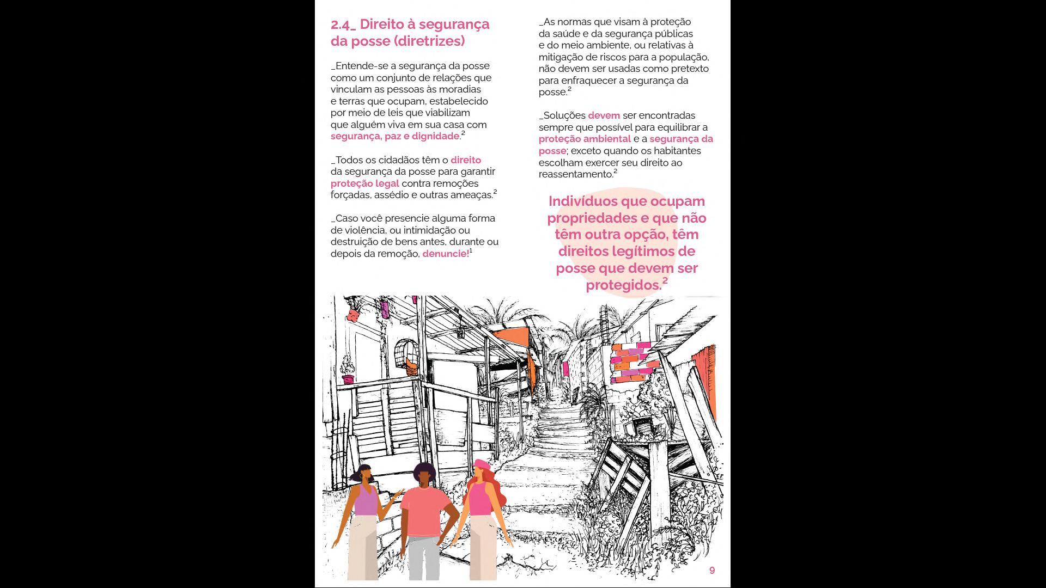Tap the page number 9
pyautogui.click(x=711, y=570)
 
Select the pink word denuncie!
pyautogui.click(x=445, y=254)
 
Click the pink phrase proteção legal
pyautogui.click(x=364, y=183)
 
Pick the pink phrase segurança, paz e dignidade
pyautogui.click(x=395, y=136)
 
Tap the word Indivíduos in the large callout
pyautogui.click(x=582, y=201)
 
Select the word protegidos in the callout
pyautogui.click(x=623, y=285)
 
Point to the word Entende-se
pyautogui.click(x=358, y=66)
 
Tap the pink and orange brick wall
pyautogui.click(x=632, y=362)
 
